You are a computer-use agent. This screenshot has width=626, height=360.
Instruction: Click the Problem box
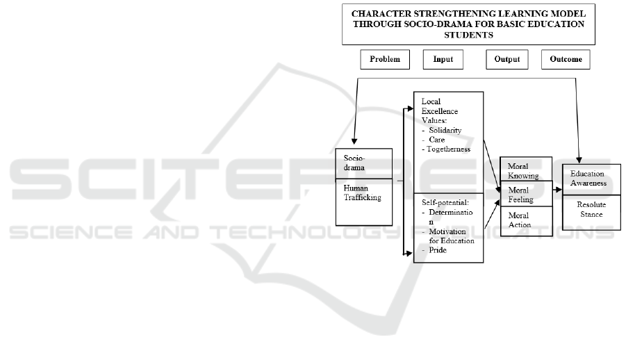pyautogui.click(x=385, y=60)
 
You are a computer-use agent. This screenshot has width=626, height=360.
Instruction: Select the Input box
pyautogui.click(x=443, y=60)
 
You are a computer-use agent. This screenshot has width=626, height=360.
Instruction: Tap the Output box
pyautogui.click(x=506, y=60)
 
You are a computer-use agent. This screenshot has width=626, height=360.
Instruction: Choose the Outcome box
pyautogui.click(x=566, y=60)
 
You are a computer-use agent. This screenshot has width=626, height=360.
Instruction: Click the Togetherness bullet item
pyautogui.click(x=449, y=149)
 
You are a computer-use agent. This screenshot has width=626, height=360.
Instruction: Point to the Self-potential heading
pyautogui.click(x=446, y=202)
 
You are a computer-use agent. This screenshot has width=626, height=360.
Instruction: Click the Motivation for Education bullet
pyautogui.click(x=451, y=236)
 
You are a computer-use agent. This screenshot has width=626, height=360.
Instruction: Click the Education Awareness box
pyautogui.click(x=588, y=178)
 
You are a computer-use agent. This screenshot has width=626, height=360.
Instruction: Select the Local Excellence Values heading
pyautogui.click(x=440, y=111)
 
